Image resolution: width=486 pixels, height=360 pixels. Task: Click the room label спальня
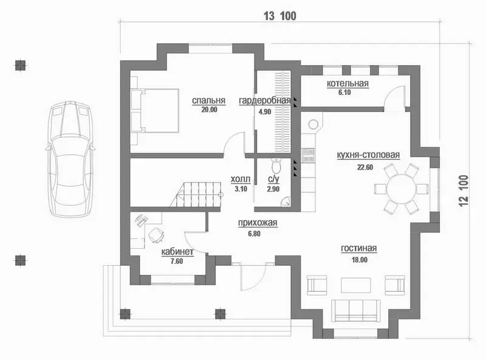pos(208,100)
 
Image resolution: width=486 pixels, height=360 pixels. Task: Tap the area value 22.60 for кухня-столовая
pos(365,167)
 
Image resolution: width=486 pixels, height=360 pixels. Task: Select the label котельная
pos(347,83)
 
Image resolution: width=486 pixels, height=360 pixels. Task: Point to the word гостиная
pos(359,248)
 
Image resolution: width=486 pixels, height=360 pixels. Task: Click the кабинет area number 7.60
pos(177,261)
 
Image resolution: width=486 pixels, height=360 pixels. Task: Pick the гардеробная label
pos(265,100)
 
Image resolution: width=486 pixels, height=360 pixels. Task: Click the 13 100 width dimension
pos(280,16)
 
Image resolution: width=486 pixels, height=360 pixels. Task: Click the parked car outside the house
pos(70,159)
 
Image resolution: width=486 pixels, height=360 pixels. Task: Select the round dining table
pos(401,189)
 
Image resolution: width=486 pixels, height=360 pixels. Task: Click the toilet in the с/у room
pos(276,166)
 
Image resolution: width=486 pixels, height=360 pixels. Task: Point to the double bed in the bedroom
pos(155,111)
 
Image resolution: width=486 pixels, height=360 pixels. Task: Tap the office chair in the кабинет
pos(156,235)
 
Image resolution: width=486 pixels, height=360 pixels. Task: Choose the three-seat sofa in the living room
pos(356,310)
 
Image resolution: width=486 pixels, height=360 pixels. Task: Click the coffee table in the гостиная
pos(356,285)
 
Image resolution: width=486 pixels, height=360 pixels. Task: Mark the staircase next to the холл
pos(196,194)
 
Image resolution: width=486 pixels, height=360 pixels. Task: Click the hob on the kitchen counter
pos(308,155)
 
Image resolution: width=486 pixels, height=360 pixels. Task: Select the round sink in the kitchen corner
pos(313,125)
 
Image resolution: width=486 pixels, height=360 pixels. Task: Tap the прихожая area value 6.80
pos(254,234)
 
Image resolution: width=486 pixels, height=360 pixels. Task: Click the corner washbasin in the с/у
pos(286,202)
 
